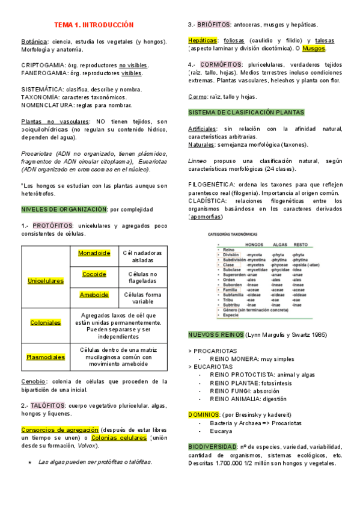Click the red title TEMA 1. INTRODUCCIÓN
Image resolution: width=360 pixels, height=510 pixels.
click(93, 25)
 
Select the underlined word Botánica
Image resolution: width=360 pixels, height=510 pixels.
click(34, 41)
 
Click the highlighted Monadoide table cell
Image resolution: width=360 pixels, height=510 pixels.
click(94, 253)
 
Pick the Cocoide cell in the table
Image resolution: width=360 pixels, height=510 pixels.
click(94, 274)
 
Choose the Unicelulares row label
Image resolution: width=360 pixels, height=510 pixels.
click(46, 281)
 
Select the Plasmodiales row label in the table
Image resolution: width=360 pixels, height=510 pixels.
click(46, 357)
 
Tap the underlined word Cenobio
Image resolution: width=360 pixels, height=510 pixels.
click(34, 381)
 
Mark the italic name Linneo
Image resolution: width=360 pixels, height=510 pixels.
click(198, 161)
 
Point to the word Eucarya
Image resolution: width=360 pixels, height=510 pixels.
click(221, 431)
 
